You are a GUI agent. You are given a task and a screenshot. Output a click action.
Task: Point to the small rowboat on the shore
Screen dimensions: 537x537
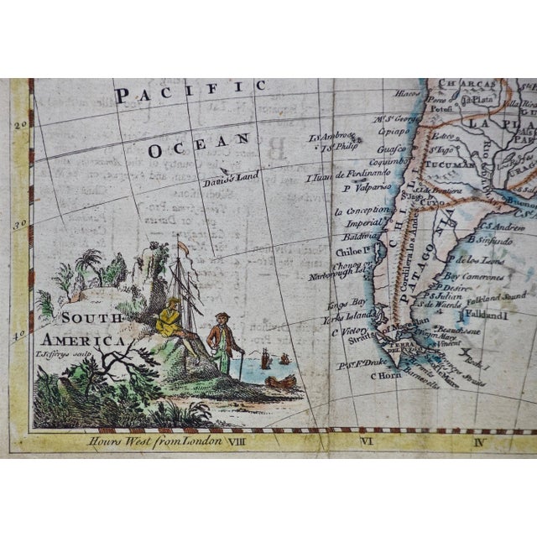coord(280,382)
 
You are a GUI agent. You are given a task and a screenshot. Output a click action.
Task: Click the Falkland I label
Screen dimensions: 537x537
coord(495,316)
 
